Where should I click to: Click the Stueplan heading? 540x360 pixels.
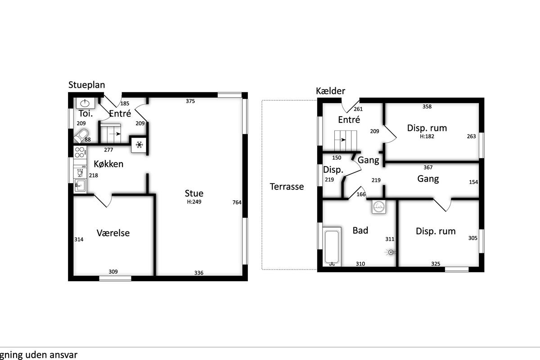(x=86, y=85)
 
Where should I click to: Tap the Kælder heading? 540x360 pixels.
(x=330, y=91)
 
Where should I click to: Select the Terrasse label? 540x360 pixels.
(x=287, y=187)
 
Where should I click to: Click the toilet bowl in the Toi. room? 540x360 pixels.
(x=81, y=136)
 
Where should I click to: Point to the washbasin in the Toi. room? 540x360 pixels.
(x=85, y=103)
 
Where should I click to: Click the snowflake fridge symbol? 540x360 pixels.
(x=139, y=145)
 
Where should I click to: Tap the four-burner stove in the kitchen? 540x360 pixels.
(x=80, y=152)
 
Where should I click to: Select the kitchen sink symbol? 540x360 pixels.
(x=80, y=185)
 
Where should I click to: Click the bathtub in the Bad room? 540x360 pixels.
(x=332, y=247)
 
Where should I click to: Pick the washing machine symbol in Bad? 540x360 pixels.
(x=379, y=207)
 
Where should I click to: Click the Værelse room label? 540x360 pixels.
(x=113, y=233)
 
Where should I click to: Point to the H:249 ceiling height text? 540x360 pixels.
(x=194, y=202)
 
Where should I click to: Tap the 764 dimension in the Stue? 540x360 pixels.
(x=237, y=202)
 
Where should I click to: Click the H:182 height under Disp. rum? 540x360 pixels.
(x=427, y=136)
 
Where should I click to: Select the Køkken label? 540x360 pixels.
(x=108, y=164)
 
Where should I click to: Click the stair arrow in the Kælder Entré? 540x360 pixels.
(x=340, y=140)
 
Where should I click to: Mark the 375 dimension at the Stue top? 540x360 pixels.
(x=190, y=101)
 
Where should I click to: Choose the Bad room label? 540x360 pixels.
(x=360, y=230)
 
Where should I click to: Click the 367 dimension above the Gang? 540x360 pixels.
(x=428, y=167)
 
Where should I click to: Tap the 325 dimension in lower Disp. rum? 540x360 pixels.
(x=436, y=264)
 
